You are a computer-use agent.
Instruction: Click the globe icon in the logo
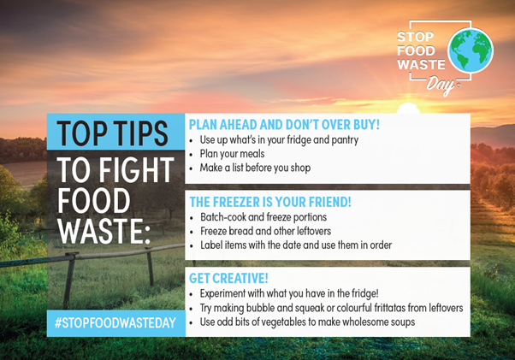tap(470, 50)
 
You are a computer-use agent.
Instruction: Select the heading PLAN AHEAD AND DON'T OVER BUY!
tap(283, 125)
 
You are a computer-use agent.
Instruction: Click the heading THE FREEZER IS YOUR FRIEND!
tap(269, 203)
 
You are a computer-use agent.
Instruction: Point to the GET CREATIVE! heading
tap(228, 279)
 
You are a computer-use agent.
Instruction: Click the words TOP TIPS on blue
tap(113, 134)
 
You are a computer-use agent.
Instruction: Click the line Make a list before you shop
tap(255, 168)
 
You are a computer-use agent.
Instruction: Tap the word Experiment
tap(228, 294)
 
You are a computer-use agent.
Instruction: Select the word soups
tap(400, 322)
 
